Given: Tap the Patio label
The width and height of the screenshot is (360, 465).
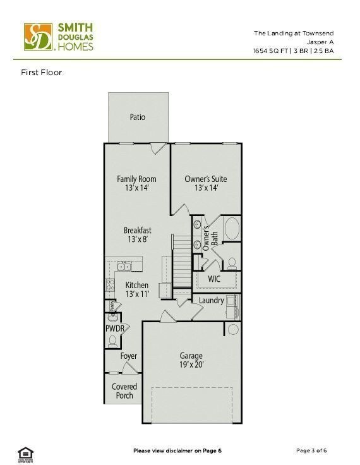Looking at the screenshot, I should click(x=137, y=117).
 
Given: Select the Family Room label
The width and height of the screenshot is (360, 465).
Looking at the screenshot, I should click(x=136, y=179).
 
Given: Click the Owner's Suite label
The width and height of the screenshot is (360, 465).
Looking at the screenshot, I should click(x=205, y=179).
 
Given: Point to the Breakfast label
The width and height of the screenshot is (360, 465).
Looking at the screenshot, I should click(x=137, y=231).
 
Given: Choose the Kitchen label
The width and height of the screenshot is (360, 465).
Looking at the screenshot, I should click(x=136, y=286).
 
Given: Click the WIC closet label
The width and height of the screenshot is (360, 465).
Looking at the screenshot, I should click(x=214, y=278).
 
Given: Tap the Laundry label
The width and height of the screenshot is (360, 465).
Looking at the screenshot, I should click(x=211, y=300).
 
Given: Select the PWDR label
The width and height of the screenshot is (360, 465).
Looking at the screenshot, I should click(x=114, y=329).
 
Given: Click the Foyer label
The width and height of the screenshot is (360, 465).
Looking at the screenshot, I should click(x=129, y=356).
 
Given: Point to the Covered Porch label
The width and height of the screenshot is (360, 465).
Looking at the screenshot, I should click(x=124, y=391).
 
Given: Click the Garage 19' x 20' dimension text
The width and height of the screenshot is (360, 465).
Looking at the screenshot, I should click(x=191, y=365).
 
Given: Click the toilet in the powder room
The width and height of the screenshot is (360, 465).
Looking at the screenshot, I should click(x=113, y=341).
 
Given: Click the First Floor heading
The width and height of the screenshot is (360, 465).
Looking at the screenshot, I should click(x=42, y=73).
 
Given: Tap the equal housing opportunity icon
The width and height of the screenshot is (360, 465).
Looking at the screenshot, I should click(x=25, y=452).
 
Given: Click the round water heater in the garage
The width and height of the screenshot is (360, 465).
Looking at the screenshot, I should click(x=232, y=329).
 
